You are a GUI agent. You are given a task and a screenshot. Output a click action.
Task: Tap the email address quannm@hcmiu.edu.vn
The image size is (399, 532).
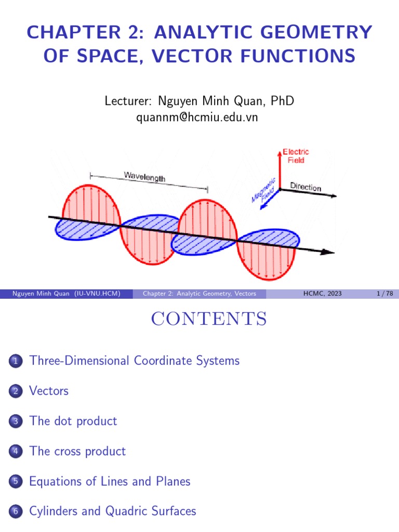pos(197,117)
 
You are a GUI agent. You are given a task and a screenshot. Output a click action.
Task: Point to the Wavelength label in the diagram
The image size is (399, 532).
pos(144,176)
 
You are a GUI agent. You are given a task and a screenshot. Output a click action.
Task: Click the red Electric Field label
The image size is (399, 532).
pos(296,156)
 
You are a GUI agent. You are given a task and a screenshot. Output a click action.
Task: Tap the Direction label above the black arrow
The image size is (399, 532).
pos(305,187)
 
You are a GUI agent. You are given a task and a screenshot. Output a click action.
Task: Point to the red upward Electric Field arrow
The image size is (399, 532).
pos(280,169)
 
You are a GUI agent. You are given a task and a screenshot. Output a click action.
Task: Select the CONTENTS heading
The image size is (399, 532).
pos(209,319)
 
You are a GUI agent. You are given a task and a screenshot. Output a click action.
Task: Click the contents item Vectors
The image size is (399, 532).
pos(49,391)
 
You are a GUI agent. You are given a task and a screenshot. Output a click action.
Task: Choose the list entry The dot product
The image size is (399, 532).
pos(73,421)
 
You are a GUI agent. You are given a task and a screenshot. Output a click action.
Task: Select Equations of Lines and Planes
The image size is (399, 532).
pos(110,481)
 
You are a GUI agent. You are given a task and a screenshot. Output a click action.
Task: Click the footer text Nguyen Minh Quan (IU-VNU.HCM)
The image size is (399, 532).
pos(66,294)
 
